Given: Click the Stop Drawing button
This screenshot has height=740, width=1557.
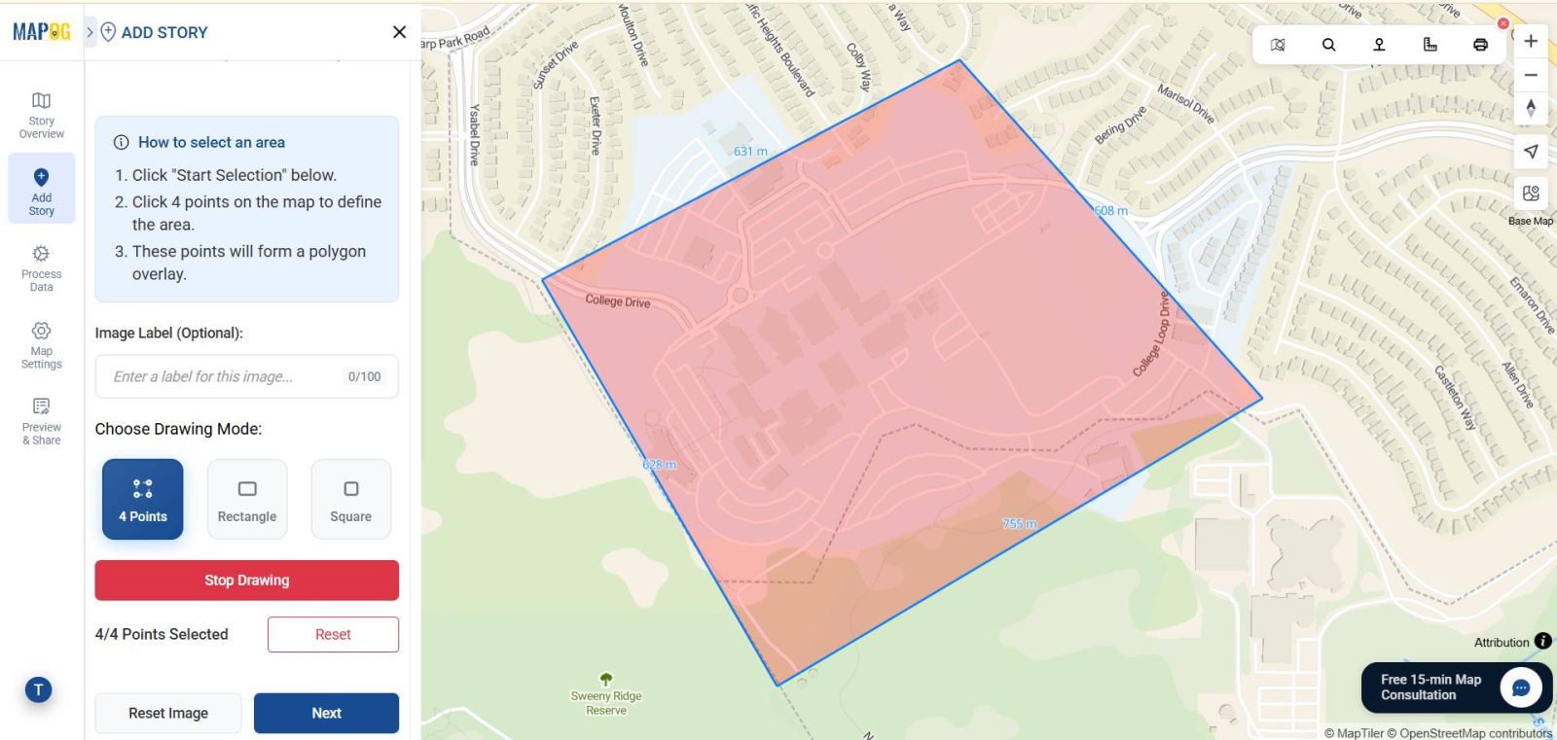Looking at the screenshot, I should coord(246,581).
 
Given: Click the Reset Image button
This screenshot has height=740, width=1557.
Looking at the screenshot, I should coord(168,713).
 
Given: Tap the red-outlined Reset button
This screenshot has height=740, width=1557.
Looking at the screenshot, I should coord(333,634).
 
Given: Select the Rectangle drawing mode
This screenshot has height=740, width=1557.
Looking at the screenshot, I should coord(247,499).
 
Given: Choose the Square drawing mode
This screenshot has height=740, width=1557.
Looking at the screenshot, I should coord(350,499).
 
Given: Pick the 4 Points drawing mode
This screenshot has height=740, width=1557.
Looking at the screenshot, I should coord(143,499).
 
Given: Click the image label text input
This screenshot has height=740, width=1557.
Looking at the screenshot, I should coord(224,376).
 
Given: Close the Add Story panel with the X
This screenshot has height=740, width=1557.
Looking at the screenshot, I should coord(399,32).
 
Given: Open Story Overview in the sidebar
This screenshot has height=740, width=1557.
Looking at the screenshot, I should coord(42,115).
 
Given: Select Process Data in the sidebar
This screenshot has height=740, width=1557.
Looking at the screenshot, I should coord(42,267).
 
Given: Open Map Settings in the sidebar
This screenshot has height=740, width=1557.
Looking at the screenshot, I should coord(42,345).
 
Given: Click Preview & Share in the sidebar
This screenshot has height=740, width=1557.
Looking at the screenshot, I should coord(42,420).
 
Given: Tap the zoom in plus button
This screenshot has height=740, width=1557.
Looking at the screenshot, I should coord(1531,41).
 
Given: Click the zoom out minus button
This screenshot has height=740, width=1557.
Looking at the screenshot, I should coord(1531,75).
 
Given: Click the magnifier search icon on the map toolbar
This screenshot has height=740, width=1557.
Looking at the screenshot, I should coord(1328,45).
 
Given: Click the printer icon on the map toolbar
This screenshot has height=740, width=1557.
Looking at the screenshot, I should coord(1480,45).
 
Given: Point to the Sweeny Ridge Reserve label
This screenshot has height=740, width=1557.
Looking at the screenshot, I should coord(606,702).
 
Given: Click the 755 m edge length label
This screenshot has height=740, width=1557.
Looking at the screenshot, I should coord(1020,524).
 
